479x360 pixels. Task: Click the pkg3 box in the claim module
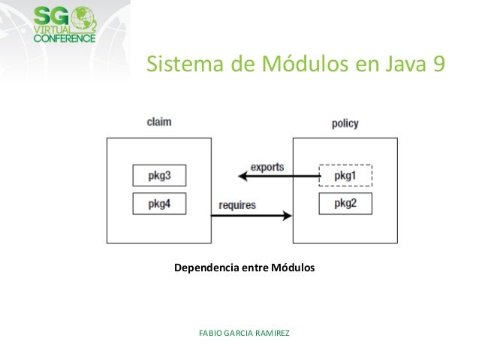(x=159, y=176)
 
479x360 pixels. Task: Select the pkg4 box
(x=159, y=203)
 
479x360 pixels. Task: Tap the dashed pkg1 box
(x=345, y=175)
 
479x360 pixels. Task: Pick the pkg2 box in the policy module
(x=345, y=203)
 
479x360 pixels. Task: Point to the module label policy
(x=345, y=123)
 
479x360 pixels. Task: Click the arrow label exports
(x=267, y=167)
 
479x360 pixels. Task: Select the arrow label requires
(x=237, y=204)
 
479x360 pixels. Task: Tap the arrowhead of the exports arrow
(x=243, y=177)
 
